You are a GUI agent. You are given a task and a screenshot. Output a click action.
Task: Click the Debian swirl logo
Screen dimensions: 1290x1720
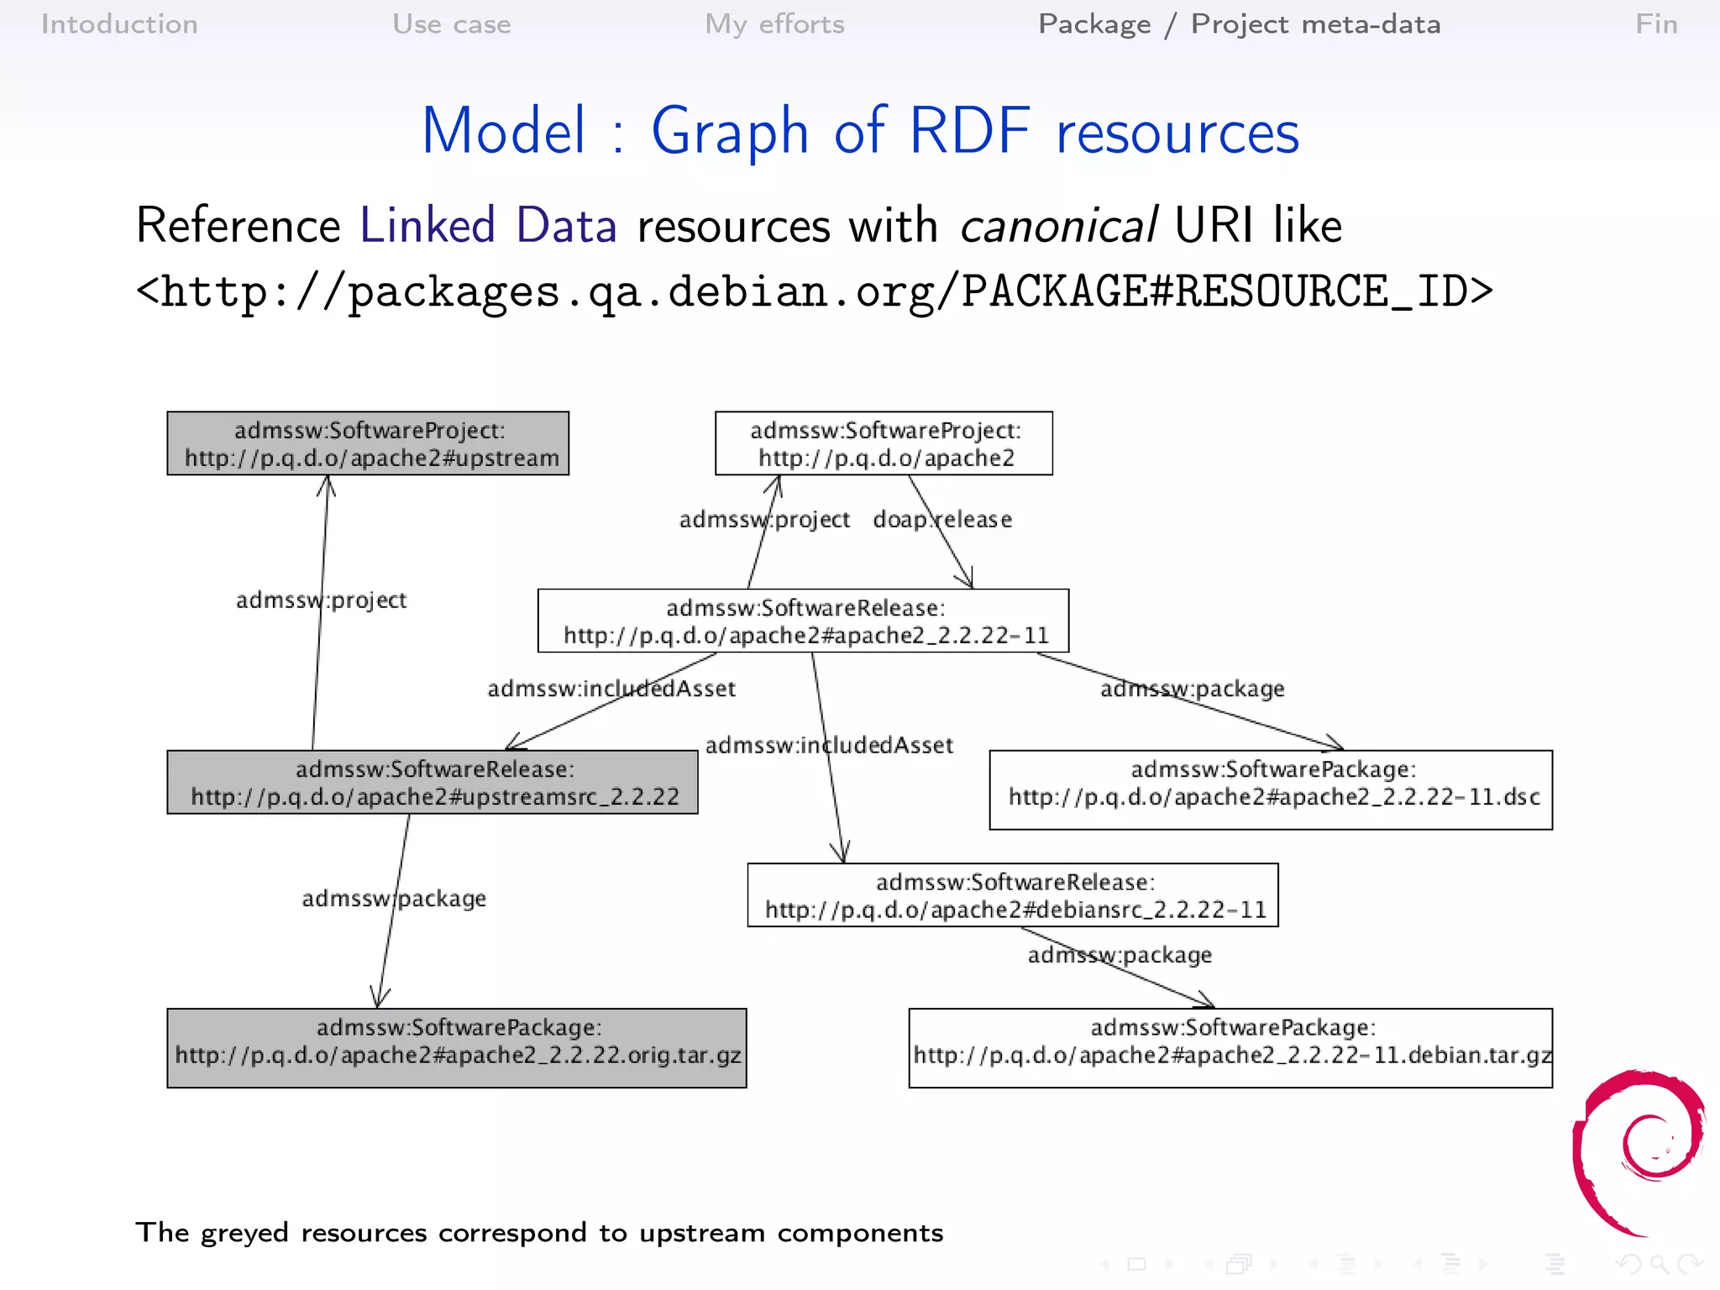[1638, 1151]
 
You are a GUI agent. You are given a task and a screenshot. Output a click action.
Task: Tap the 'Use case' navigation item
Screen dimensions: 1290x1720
[452, 24]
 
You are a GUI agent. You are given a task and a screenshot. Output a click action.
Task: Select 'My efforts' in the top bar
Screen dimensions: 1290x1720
[774, 24]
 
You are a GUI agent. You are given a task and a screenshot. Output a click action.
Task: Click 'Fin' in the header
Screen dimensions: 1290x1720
[1655, 24]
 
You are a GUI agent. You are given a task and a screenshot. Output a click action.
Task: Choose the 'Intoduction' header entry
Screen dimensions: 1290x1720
[119, 24]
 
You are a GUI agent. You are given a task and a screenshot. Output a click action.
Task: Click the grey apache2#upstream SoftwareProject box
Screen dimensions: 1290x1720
[368, 443]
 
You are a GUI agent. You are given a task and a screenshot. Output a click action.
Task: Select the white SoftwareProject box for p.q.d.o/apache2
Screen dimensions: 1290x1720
[884, 443]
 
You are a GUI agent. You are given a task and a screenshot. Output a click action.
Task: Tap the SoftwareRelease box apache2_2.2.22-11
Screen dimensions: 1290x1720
[803, 621]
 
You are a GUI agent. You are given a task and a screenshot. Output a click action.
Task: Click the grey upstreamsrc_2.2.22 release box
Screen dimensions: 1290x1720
[433, 782]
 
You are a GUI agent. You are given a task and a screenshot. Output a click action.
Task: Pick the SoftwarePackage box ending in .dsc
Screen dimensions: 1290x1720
[1271, 789]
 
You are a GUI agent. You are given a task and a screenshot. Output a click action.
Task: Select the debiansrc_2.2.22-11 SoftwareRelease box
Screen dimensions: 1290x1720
[1013, 895]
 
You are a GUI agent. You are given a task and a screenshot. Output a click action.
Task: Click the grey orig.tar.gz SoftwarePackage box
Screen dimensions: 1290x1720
[457, 1048]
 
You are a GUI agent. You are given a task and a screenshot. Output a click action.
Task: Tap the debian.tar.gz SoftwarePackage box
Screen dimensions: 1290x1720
[1230, 1048]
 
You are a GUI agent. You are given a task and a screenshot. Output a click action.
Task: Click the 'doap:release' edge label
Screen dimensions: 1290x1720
[942, 520]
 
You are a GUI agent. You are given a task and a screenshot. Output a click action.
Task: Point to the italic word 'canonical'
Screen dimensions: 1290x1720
[1058, 226]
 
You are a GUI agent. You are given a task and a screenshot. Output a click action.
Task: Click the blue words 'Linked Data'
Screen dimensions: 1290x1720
[488, 226]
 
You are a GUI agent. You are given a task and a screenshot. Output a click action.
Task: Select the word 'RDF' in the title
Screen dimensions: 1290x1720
[969, 132]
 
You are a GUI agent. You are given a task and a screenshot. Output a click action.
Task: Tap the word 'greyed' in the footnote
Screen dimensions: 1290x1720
[244, 1233]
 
